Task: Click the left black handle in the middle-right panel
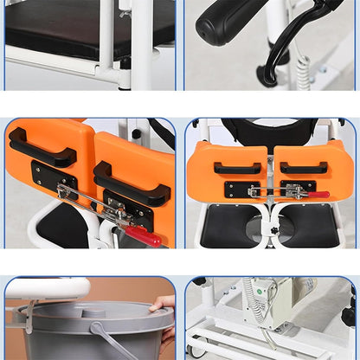pos(236,168)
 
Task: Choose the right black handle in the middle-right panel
pos(303,168)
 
